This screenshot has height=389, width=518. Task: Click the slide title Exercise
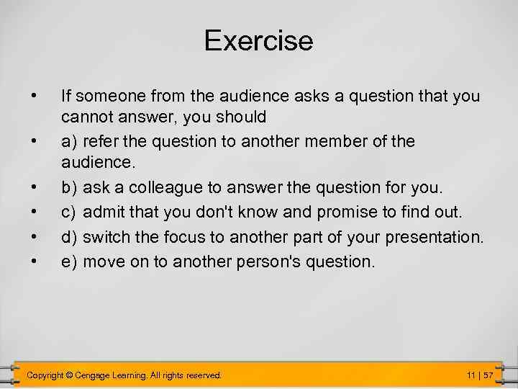pyautogui.click(x=259, y=40)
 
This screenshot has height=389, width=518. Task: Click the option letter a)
pyautogui.click(x=70, y=140)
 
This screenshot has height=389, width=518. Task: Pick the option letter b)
pyautogui.click(x=70, y=188)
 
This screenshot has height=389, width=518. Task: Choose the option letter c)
pyautogui.click(x=70, y=213)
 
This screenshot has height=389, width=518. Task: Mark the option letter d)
pyautogui.click(x=70, y=236)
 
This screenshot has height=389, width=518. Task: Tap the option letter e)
pyautogui.click(x=70, y=261)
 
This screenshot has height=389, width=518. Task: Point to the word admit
pyautogui.click(x=104, y=213)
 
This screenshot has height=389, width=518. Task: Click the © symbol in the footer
pyautogui.click(x=69, y=375)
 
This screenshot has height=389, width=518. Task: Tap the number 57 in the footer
pyautogui.click(x=489, y=375)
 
